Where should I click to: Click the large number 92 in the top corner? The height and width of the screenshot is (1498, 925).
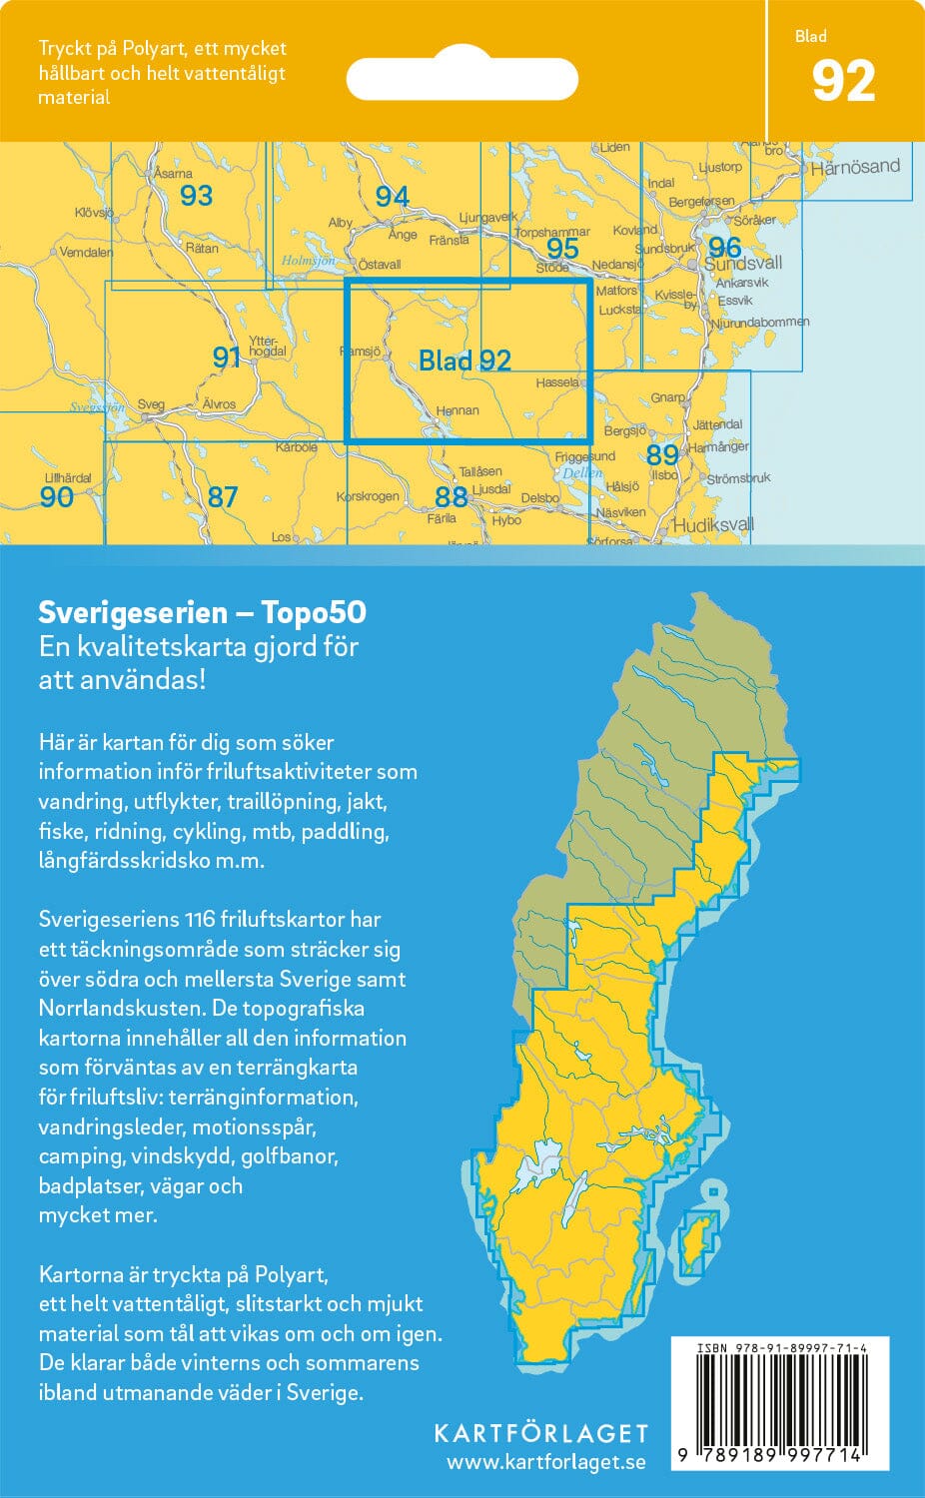tap(843, 82)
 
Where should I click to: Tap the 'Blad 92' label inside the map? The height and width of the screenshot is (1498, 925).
tap(464, 361)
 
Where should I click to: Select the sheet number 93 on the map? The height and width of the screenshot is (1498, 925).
tap(196, 195)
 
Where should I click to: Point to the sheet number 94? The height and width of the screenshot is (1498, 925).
tap(392, 197)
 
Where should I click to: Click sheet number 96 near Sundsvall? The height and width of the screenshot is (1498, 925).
tap(724, 247)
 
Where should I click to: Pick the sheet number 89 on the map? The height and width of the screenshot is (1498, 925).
tap(662, 454)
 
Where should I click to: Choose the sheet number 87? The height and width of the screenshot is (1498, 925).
tap(222, 496)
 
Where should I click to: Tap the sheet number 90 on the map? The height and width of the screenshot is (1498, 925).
tap(57, 496)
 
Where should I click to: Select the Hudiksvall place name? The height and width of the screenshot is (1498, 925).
tap(713, 525)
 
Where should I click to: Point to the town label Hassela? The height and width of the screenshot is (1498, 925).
tap(556, 382)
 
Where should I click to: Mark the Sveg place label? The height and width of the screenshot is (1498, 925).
tap(151, 404)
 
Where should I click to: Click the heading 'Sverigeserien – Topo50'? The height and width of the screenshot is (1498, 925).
tap(202, 612)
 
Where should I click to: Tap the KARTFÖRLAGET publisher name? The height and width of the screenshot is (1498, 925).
tap(540, 1433)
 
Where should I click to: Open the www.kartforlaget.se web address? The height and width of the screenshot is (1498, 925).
tap(545, 1463)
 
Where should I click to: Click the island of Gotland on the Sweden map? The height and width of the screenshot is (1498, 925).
tap(696, 1238)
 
